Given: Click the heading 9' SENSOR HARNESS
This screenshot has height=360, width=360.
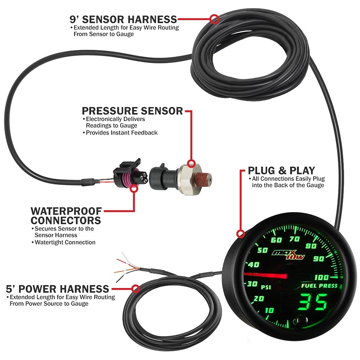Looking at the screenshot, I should (x=123, y=19).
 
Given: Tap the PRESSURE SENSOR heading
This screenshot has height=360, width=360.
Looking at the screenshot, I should (x=132, y=111).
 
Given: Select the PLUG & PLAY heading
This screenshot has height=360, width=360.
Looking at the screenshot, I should (x=281, y=170).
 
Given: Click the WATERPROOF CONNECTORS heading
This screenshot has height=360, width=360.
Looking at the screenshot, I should (x=66, y=215).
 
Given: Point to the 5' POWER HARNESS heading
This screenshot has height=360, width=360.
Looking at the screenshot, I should (x=58, y=288).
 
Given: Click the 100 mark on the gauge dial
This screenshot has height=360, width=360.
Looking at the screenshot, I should (x=321, y=277).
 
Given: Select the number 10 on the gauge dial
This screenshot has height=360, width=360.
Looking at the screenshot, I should (x=268, y=310).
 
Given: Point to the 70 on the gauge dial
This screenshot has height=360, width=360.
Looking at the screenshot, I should (x=294, y=238).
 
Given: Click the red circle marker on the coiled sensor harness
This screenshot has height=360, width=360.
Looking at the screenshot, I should (x=214, y=19).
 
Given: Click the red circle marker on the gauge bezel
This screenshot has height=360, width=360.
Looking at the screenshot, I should (x=240, y=234).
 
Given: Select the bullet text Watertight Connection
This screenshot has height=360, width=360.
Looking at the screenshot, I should (x=65, y=242).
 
